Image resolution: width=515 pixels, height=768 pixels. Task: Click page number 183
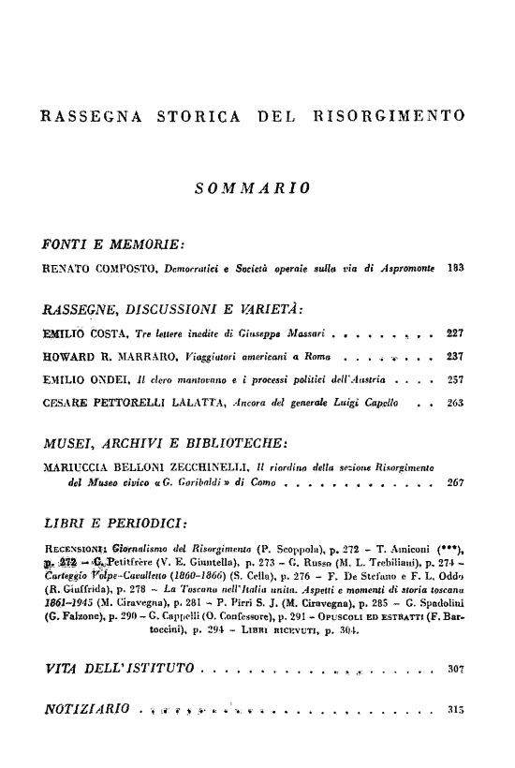[456, 268]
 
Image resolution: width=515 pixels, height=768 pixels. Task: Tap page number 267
[456, 484]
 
